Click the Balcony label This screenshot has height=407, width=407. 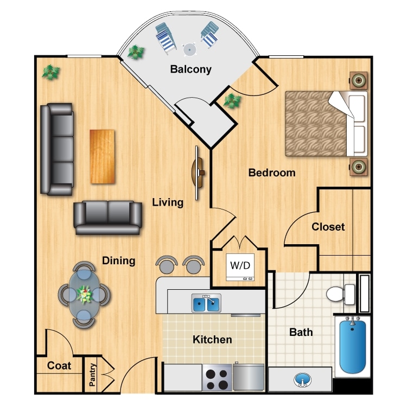[190, 69]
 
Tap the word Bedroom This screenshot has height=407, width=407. [272, 173]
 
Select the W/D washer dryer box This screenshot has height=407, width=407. [240, 266]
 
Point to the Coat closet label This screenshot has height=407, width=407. [59, 366]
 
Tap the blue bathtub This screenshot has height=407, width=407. [353, 346]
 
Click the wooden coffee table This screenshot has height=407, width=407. [103, 156]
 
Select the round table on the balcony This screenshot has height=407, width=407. [189, 49]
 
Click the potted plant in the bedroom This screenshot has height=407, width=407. [233, 100]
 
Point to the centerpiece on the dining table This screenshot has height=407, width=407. [84, 294]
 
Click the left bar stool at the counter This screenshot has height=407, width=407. [167, 264]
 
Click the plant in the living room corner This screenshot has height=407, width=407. [51, 72]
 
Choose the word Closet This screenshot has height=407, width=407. [328, 227]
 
